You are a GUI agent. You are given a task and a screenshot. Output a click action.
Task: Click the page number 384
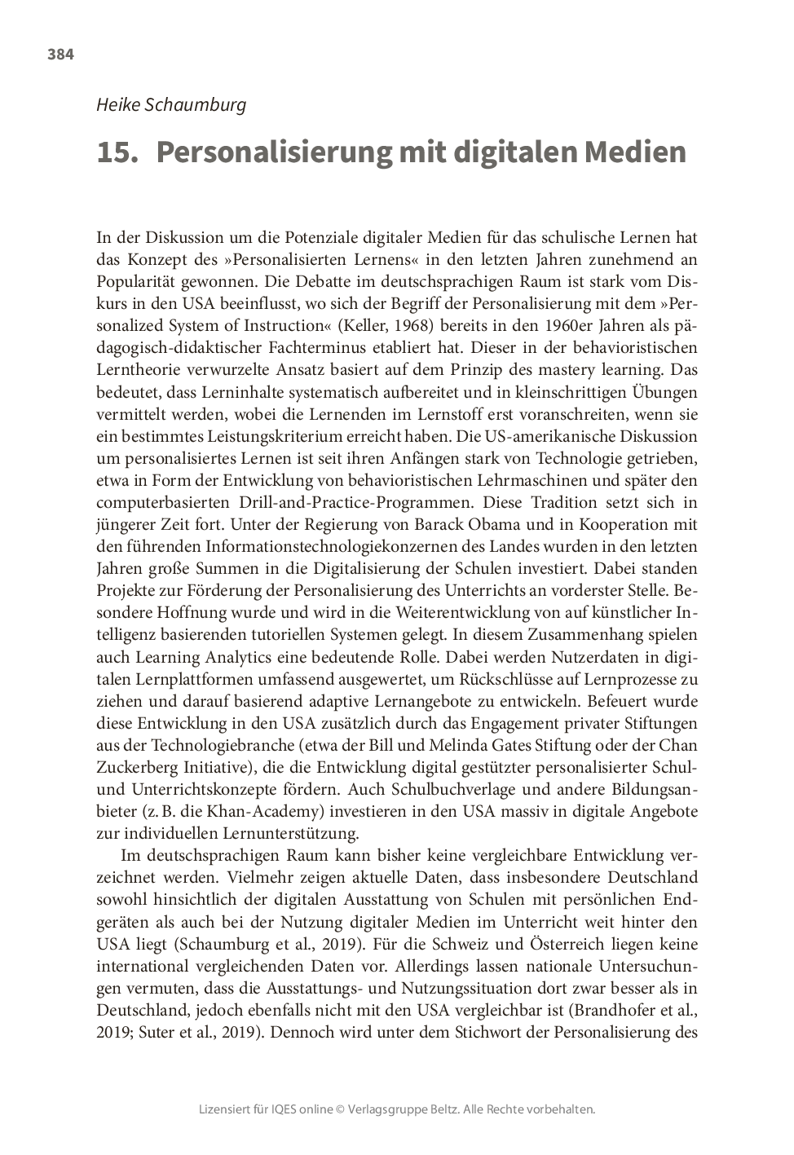tap(60, 55)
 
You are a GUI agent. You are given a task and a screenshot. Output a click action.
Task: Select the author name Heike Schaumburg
tap(171, 105)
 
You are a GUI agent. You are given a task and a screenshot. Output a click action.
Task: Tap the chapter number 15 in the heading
tap(116, 152)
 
